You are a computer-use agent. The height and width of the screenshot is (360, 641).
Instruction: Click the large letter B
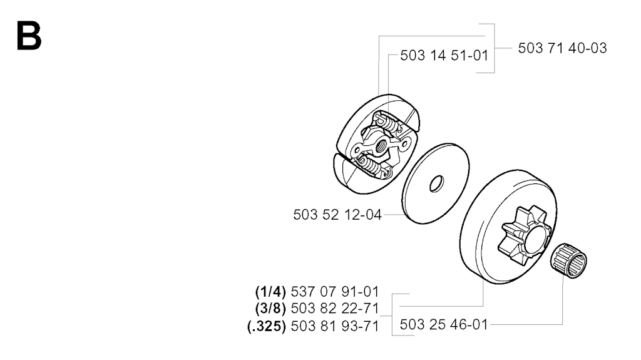pos(29,36)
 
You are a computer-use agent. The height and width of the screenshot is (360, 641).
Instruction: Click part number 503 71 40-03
pos(562,48)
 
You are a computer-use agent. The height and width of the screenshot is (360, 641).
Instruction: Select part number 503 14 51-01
pos(444,56)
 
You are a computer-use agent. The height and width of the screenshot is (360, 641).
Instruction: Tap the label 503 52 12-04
pos(337,215)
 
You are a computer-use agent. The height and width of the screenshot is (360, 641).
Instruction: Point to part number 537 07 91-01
pos(335,292)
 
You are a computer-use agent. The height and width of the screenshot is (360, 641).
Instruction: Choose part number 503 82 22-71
pos(335,309)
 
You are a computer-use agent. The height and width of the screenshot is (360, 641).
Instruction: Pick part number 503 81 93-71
pos(335,326)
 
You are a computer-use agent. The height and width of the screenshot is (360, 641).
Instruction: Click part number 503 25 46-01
pos(444,325)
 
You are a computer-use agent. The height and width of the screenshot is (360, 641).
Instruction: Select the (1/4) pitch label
pos(270,292)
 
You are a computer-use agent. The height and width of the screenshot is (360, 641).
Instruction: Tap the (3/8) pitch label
pos(270,309)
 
